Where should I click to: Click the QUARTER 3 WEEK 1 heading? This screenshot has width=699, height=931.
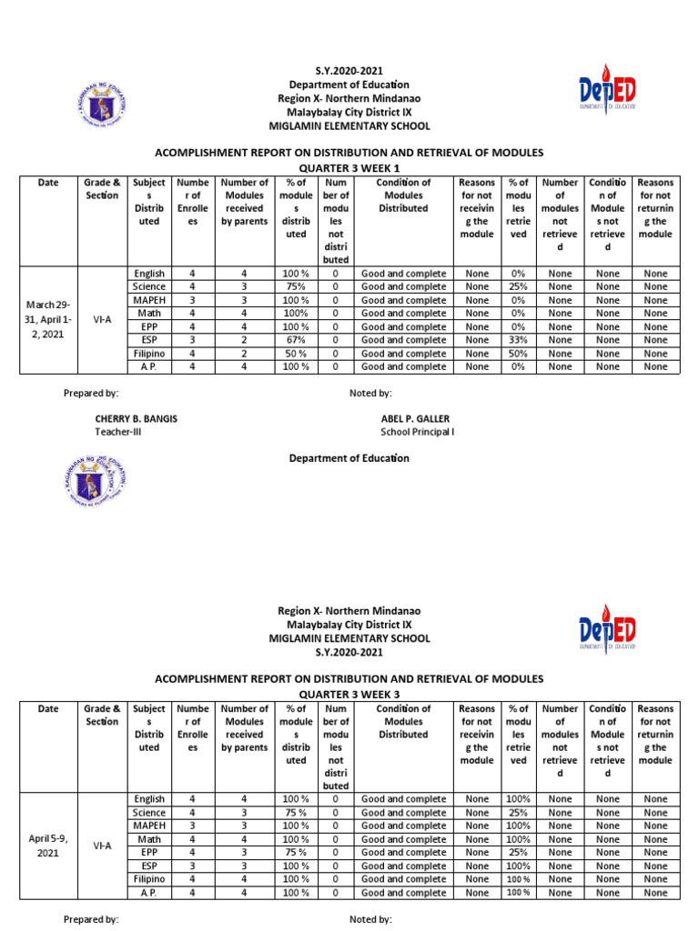click(x=349, y=168)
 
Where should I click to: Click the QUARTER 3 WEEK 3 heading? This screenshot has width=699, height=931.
click(x=349, y=693)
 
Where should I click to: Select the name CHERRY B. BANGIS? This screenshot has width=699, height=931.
click(x=137, y=418)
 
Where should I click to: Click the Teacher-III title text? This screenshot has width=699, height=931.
click(x=118, y=432)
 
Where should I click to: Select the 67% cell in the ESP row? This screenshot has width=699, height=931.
click(x=297, y=340)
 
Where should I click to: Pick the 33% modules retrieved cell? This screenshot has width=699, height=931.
click(x=519, y=340)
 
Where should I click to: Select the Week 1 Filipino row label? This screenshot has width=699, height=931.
click(x=148, y=354)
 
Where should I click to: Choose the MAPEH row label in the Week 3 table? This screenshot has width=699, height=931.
click(x=148, y=826)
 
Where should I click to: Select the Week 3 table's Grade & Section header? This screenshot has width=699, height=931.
click(x=102, y=715)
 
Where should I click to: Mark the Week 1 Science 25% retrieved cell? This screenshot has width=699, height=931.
click(x=519, y=286)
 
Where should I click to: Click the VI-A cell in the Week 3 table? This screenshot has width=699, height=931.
click(x=102, y=845)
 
